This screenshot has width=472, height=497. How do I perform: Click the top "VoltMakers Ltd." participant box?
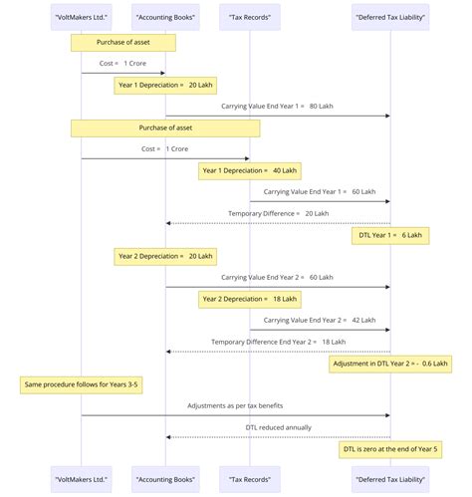[x=81, y=17]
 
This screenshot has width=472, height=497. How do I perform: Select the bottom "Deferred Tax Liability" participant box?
[x=389, y=478]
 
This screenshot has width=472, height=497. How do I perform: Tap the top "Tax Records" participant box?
[x=249, y=17]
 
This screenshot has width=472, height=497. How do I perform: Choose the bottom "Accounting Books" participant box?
[x=165, y=478]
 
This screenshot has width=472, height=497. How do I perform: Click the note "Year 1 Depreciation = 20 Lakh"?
[x=165, y=86]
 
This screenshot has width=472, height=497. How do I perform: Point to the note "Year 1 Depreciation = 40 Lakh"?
[x=249, y=171]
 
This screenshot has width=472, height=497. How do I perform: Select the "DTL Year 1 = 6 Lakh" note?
[x=389, y=236]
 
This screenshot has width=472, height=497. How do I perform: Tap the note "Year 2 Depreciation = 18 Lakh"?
[x=249, y=299]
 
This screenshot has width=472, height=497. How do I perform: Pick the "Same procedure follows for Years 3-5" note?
[x=81, y=384]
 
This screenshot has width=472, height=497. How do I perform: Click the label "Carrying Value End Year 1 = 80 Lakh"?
[x=277, y=106]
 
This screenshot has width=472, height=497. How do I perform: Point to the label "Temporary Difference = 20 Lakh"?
[x=278, y=213]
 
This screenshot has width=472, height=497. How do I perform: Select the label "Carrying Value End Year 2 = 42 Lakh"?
[x=319, y=321]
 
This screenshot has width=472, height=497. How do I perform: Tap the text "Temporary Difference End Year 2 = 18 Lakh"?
[x=278, y=342]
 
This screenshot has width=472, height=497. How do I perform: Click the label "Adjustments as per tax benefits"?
[x=235, y=406]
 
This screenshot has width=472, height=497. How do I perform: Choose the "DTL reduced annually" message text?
[x=278, y=427]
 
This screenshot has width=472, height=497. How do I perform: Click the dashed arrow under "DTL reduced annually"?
[x=278, y=437]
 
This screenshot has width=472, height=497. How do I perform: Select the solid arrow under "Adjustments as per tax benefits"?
[x=235, y=415]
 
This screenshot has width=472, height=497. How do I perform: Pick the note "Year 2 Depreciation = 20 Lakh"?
[x=165, y=256]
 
